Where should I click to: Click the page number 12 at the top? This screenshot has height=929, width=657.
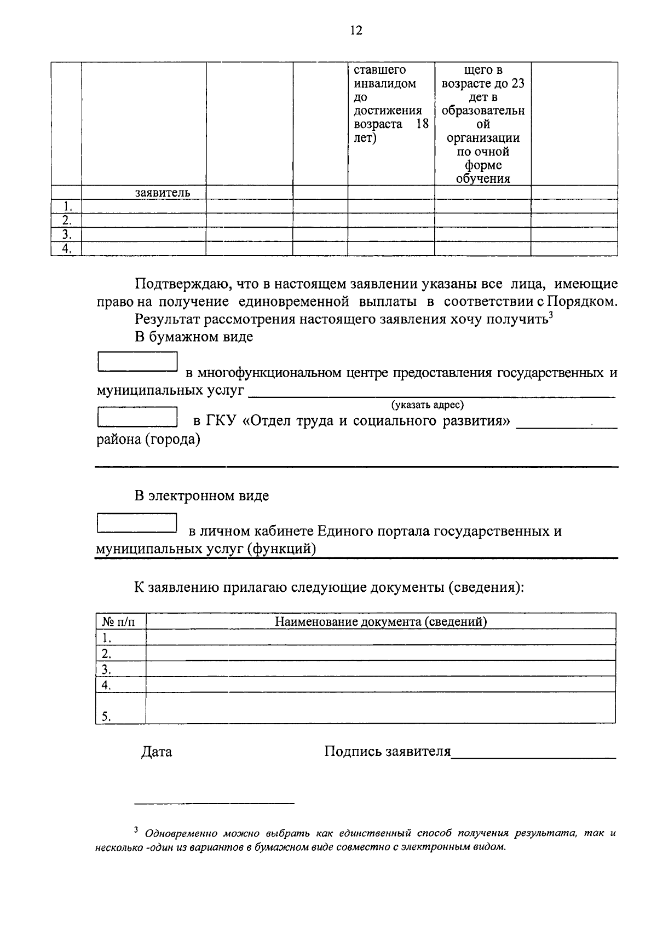(356, 30)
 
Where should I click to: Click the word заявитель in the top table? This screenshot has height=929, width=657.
(163, 193)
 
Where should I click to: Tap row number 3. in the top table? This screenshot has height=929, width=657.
(66, 235)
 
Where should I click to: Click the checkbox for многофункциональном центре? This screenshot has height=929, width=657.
(137, 362)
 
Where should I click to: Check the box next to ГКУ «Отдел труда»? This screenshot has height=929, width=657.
(137, 417)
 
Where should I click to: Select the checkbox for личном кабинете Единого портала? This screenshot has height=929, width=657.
(137, 523)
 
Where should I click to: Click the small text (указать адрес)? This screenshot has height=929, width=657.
(427, 405)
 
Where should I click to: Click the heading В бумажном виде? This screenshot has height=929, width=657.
(194, 337)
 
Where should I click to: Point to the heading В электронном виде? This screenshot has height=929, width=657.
(202, 496)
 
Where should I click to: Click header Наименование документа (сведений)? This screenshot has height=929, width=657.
(381, 621)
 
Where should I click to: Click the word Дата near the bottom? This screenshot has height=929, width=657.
(157, 752)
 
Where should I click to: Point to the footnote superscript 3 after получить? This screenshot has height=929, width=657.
(552, 314)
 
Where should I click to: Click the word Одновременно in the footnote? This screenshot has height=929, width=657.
(180, 834)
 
